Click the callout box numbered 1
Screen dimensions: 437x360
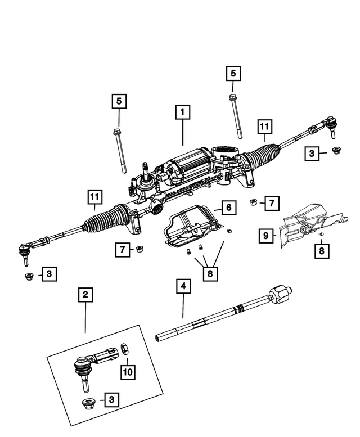click(182, 112)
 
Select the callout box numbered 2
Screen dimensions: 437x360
click(85, 294)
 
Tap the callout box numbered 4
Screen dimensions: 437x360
click(182, 286)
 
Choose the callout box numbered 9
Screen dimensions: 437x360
click(265, 236)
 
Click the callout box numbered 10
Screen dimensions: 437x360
click(128, 371)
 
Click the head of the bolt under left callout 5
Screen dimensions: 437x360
click(117, 133)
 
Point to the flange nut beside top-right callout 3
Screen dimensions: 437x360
click(336, 151)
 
